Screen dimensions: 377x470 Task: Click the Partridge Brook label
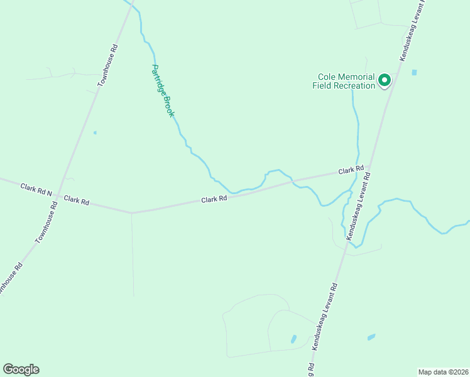pos(163,90)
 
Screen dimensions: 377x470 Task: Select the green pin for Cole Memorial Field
pos(383,80)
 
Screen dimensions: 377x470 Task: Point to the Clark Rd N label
pos(36,188)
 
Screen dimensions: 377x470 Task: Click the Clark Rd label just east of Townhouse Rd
pos(77,200)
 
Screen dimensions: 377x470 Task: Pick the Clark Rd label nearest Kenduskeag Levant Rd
pos(351,170)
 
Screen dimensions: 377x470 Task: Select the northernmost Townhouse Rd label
pos(107,65)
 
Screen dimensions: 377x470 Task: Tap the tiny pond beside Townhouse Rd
pos(95,133)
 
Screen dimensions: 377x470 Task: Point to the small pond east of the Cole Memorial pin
pos(414,72)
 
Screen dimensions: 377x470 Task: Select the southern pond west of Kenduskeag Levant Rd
pos(293,339)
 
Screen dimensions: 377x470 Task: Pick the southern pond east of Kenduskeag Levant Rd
pos(371,337)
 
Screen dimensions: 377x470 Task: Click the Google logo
pos(21,369)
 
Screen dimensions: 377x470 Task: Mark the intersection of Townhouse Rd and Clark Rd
pos(57,196)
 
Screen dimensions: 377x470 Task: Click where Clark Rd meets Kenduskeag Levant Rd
pos(369,168)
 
